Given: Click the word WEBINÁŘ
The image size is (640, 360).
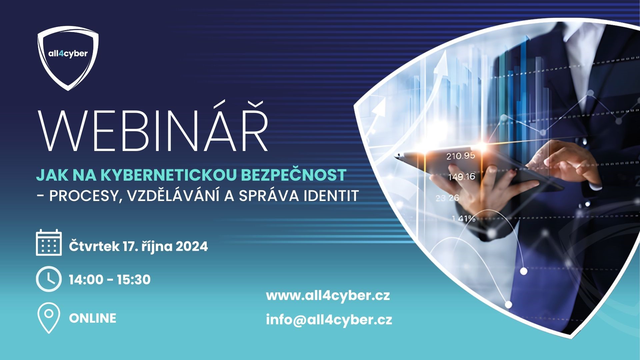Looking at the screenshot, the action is (x=154, y=130).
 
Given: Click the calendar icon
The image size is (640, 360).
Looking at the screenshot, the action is (x=49, y=242).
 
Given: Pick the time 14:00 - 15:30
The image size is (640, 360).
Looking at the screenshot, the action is (x=110, y=279).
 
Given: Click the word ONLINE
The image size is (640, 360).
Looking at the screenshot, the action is (x=93, y=318).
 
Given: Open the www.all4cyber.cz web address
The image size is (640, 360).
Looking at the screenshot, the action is (x=328, y=296).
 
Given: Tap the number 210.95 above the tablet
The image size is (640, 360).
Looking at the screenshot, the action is (x=460, y=156).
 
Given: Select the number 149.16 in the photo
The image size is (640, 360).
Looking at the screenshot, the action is (x=461, y=176).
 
